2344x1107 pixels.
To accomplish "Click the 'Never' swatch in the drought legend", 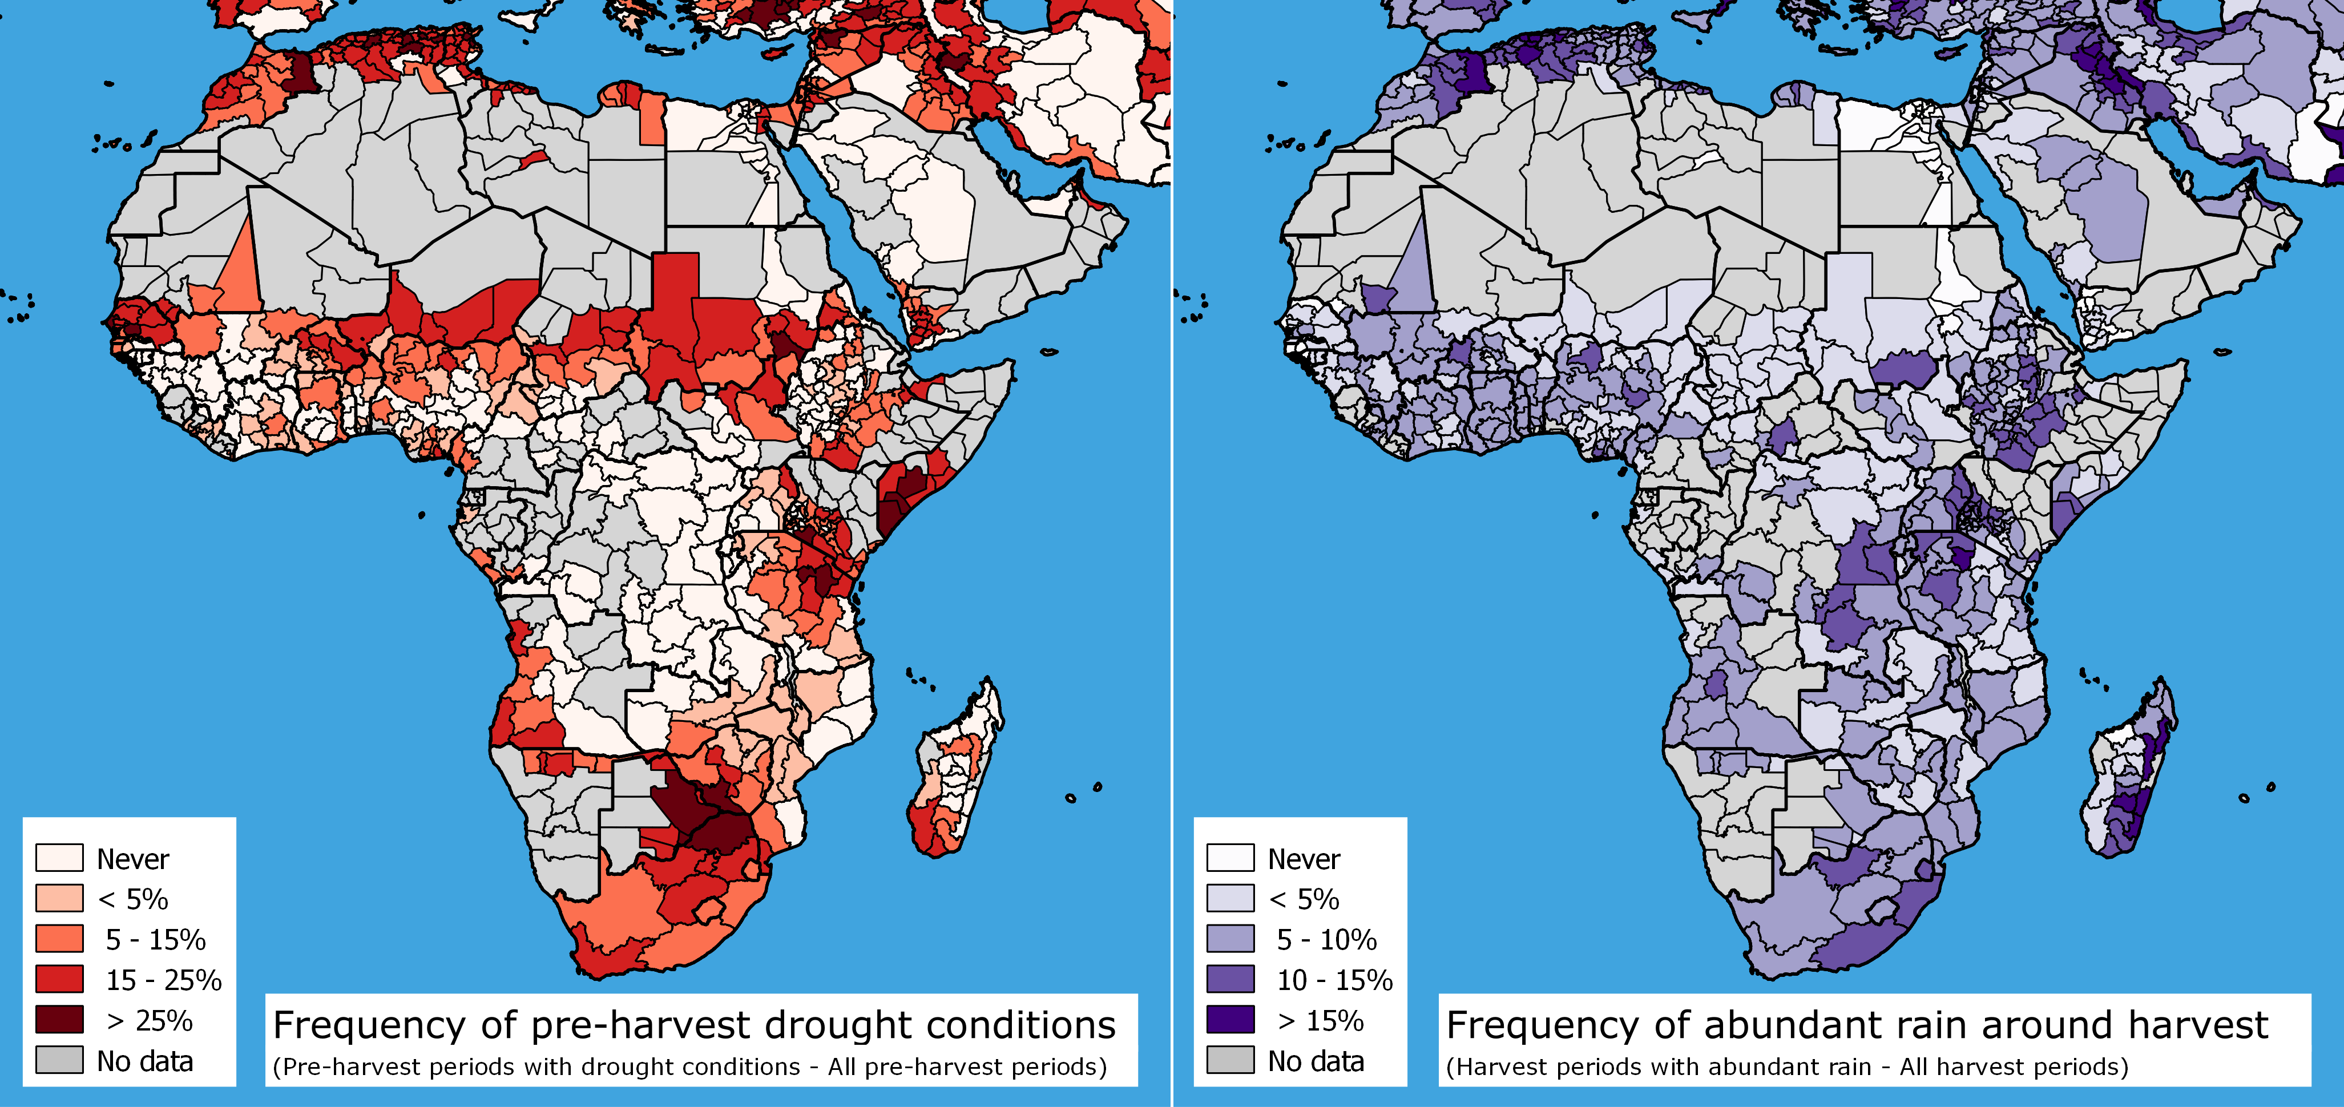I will coord(59,858).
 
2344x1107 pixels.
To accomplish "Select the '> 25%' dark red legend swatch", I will coord(59,1020).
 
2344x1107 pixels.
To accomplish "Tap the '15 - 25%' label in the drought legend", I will coord(164,980).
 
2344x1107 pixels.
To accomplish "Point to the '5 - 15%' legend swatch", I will coord(59,939).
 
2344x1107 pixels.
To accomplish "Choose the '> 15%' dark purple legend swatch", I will coord(1231,1020).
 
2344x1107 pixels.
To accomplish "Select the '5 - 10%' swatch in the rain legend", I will coord(1231,939).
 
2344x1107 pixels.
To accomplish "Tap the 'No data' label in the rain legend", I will coord(1316,1061).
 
